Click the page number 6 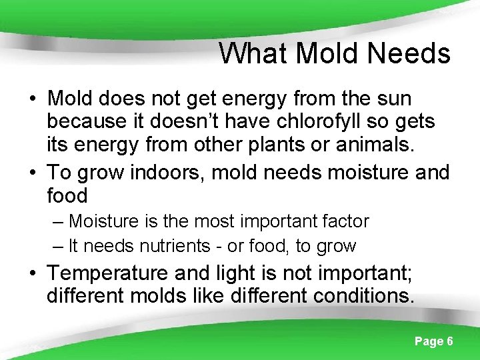[450, 341]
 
